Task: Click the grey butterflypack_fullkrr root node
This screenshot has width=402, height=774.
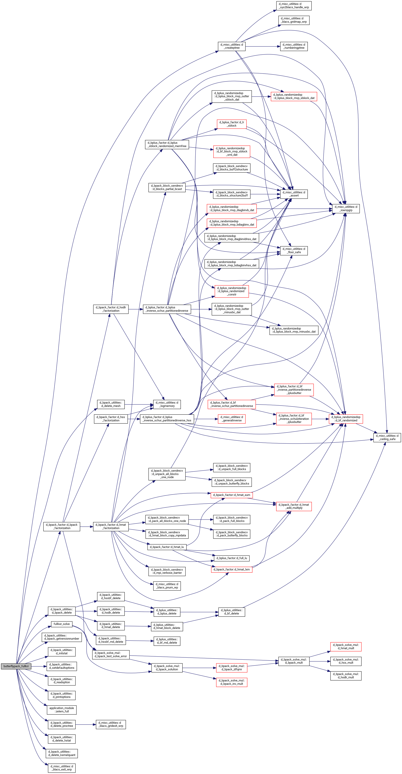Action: (16, 666)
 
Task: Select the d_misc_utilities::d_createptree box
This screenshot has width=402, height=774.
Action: (231, 46)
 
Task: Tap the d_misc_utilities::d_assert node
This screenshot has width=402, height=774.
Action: (294, 194)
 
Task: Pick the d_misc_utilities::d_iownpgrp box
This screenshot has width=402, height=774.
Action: (346, 208)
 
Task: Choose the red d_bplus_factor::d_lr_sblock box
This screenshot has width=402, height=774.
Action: (232, 124)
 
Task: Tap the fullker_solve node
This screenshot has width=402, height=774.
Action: (62, 624)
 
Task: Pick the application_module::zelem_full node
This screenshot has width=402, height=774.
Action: (62, 710)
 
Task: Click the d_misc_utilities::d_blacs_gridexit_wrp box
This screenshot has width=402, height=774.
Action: (111, 724)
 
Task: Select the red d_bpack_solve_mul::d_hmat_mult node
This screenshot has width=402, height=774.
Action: (346, 646)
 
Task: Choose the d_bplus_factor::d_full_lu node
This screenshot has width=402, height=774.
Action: (231, 558)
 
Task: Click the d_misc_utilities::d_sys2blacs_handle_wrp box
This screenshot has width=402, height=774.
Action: (294, 6)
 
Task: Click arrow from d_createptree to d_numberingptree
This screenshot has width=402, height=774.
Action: (263, 46)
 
